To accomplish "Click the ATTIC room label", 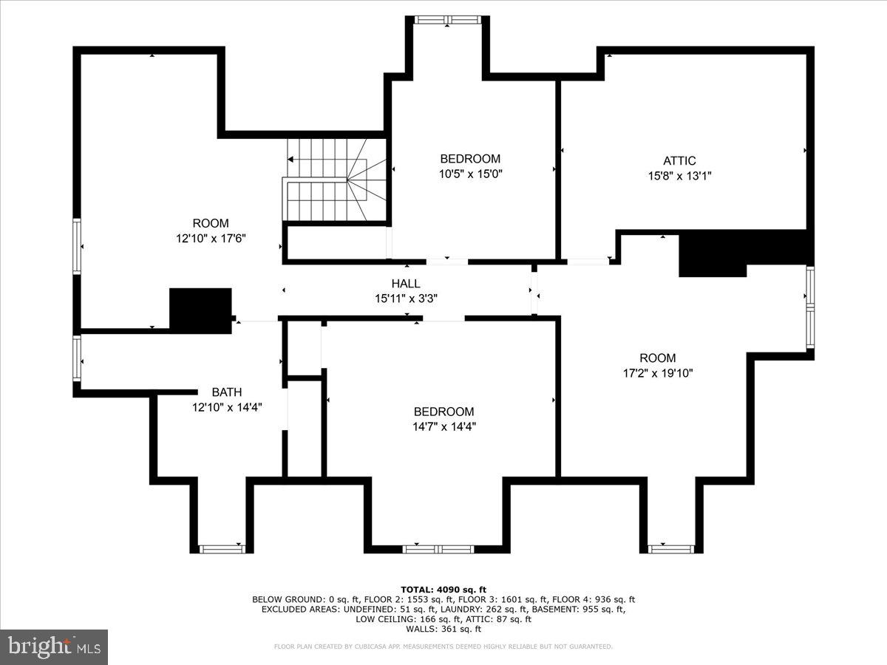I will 679,161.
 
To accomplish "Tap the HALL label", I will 406,284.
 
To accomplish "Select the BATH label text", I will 226,392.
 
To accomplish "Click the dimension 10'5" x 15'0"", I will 470,174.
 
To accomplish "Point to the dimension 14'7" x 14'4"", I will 443,426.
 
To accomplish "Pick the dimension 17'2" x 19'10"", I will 657,373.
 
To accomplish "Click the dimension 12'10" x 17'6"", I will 211,239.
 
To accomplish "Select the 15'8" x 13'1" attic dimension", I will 679,176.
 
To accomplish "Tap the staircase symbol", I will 336,179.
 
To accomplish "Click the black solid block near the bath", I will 200,310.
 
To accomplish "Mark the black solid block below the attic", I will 713,254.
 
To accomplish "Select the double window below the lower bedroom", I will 438,549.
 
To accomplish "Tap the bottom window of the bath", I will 222,549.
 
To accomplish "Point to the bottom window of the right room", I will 670,549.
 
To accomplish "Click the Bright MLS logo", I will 54,647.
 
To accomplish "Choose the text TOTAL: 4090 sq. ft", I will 443,589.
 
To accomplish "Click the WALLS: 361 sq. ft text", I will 443,629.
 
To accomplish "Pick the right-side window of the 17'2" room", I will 810,307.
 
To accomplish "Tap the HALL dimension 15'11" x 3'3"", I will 406,299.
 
